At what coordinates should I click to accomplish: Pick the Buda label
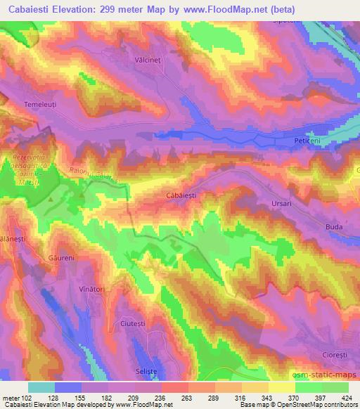click(x=333, y=227)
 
